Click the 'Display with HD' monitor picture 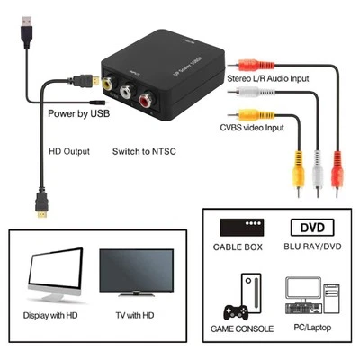tap(55, 274)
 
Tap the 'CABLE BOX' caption tap(238, 246)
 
